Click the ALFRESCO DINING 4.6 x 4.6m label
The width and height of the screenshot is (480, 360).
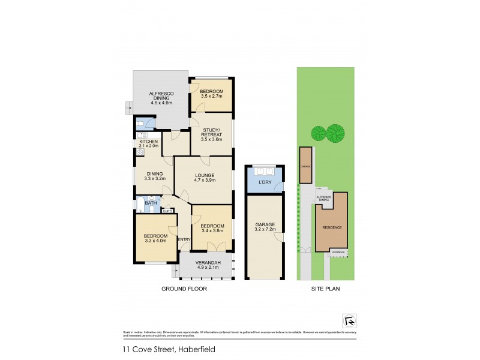[161, 98]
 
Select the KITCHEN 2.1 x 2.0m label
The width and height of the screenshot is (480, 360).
[148, 143]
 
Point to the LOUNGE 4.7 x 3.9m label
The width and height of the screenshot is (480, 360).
[202, 178]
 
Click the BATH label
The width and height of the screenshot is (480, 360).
[150, 203]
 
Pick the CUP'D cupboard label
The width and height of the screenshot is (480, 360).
[167, 211]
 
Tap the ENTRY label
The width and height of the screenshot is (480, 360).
[184, 240]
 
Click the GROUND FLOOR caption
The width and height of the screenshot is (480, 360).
[184, 289]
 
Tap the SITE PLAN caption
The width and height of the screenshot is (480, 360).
[326, 289]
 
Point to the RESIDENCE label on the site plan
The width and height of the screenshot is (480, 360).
[332, 227]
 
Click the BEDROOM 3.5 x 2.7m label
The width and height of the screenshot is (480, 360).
[211, 94]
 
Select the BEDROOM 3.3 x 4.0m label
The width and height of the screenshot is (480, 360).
[155, 239]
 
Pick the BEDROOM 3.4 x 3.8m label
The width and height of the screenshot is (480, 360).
[211, 229]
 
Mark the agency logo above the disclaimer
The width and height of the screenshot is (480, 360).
[349, 319]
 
